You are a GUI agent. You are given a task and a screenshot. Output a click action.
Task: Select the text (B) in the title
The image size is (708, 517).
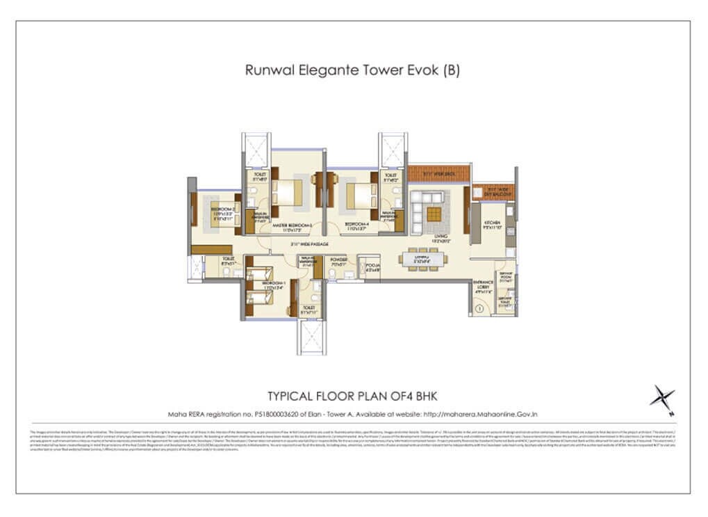click(x=452, y=70)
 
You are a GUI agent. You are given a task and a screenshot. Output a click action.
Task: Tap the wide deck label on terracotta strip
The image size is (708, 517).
click(x=438, y=174)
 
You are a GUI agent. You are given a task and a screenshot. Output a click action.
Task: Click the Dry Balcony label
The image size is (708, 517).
click(x=493, y=191)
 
